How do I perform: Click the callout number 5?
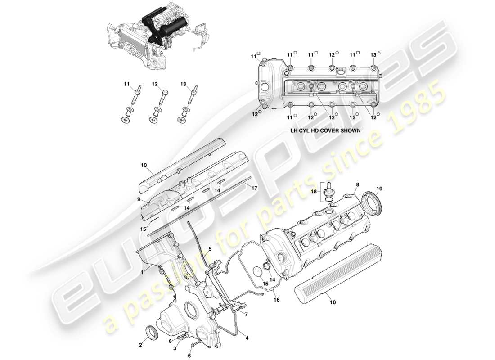pos(210,249)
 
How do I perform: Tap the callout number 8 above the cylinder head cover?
pos(358,184)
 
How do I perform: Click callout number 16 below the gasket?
pos(277,298)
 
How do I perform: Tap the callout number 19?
pos(379,189)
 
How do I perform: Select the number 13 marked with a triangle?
pos(373,54)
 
